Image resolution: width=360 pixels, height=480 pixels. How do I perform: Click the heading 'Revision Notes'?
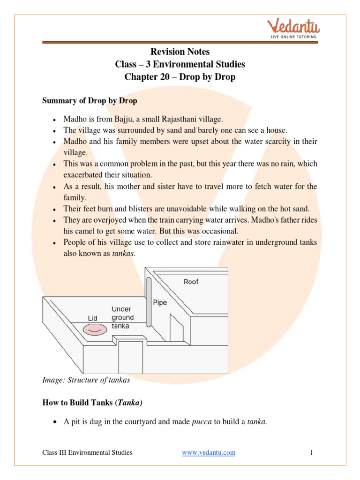[x=180, y=52]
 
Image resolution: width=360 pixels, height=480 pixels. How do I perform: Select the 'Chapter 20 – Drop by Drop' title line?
[x=180, y=76]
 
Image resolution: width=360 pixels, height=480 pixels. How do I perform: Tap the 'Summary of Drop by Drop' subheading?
[x=90, y=100]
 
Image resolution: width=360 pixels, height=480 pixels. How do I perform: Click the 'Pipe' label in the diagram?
[x=160, y=302]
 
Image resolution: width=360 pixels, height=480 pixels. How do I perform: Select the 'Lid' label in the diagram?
[x=92, y=318]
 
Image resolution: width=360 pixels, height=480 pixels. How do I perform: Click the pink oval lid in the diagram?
[x=95, y=330]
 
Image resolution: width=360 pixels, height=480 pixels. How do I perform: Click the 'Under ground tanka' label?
[x=122, y=317]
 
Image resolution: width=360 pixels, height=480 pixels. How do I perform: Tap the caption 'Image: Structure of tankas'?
[x=86, y=380]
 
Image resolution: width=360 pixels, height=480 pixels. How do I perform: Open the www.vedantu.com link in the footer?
[x=209, y=452]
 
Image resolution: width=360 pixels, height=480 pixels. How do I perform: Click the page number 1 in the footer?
[x=311, y=452]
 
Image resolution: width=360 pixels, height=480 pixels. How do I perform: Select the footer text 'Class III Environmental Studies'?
[x=87, y=452]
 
